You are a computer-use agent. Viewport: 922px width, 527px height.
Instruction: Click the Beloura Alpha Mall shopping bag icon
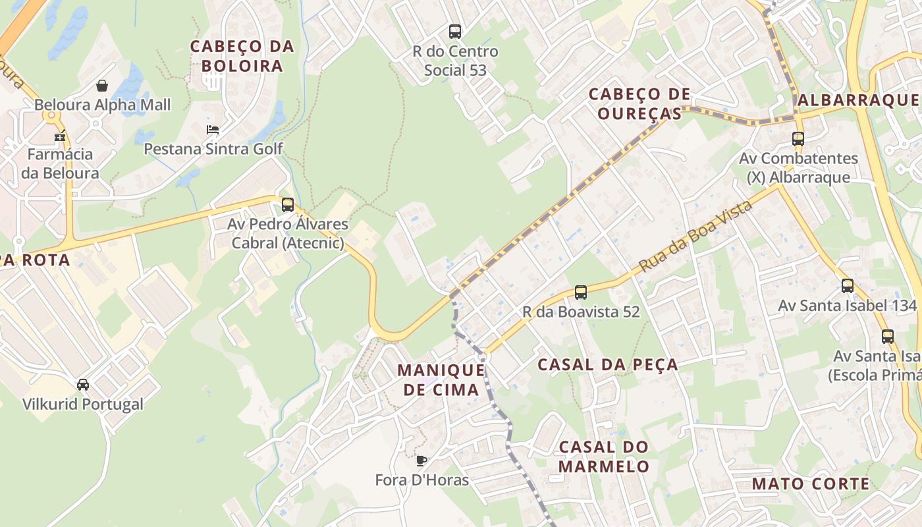point(102,86)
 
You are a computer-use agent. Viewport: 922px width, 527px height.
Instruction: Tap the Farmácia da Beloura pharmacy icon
point(60,137)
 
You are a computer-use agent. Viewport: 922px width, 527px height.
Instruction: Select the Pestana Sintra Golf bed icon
point(213,129)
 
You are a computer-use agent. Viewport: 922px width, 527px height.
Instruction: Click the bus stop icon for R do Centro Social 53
point(454,31)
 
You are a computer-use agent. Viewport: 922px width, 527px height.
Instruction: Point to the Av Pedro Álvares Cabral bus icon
point(287,205)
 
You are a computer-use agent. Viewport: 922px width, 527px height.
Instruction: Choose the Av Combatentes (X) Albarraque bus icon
point(798,139)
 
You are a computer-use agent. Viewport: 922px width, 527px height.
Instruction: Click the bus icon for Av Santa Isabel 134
point(848,286)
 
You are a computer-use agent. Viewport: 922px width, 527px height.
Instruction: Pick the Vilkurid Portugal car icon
point(83,384)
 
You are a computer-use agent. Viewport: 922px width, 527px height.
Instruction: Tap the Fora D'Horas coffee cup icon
point(421,460)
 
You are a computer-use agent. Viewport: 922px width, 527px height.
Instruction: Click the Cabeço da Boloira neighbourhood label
point(242,56)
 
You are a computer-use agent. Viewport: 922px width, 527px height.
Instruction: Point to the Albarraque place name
point(857,100)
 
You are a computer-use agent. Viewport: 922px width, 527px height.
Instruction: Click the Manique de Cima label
point(441,379)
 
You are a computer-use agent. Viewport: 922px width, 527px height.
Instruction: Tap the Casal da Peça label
point(607,364)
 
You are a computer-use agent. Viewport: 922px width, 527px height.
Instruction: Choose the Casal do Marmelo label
point(604,457)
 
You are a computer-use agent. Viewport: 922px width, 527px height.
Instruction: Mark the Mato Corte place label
point(811,484)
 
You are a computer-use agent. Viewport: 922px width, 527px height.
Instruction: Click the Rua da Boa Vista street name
point(695,237)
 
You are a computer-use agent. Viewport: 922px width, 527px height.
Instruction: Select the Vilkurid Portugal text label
point(83,404)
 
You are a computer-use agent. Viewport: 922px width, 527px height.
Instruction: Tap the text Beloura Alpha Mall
point(102,105)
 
